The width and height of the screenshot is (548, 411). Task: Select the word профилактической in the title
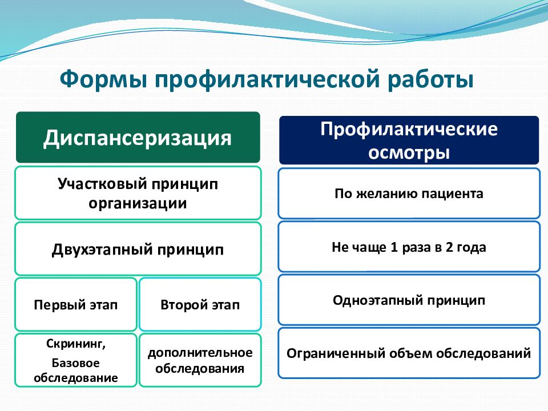267,80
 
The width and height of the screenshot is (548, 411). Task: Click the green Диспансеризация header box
138,138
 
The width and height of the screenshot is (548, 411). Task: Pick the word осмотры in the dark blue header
409,153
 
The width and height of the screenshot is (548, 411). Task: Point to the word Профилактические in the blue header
409,130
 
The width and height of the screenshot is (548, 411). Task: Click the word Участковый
102,183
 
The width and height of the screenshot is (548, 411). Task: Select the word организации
138,203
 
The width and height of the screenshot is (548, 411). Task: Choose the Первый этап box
76,304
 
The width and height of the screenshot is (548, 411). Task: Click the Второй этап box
200,304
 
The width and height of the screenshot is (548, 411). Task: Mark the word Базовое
75,363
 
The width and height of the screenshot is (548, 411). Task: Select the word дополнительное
200,353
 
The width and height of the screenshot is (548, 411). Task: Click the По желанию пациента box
409,194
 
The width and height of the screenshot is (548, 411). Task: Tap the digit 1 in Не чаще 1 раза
394,247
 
